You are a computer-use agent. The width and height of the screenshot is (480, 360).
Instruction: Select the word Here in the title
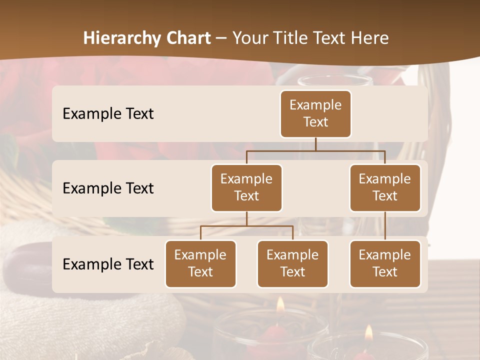click(369, 38)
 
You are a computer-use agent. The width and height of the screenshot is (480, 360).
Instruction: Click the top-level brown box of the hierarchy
click(315, 113)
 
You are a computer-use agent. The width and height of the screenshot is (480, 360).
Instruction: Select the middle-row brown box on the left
click(246, 187)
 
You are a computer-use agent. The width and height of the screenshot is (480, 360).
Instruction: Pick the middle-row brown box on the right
click(385, 187)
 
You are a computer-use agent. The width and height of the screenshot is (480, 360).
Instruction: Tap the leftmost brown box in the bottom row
click(200, 263)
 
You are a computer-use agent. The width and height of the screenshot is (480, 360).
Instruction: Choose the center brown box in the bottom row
click(292, 263)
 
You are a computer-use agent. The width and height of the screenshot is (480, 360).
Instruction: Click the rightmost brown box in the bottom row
click(385, 263)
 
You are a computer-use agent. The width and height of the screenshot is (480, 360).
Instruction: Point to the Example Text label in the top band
click(108, 114)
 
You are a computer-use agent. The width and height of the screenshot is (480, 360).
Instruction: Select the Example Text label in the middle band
click(108, 188)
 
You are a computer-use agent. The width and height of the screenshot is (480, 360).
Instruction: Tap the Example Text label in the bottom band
click(108, 264)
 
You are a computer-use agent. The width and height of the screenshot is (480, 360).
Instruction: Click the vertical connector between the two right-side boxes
click(385, 225)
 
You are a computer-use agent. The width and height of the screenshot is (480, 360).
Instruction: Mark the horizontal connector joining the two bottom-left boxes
click(246, 226)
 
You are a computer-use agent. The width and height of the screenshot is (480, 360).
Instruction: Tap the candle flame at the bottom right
click(368, 333)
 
